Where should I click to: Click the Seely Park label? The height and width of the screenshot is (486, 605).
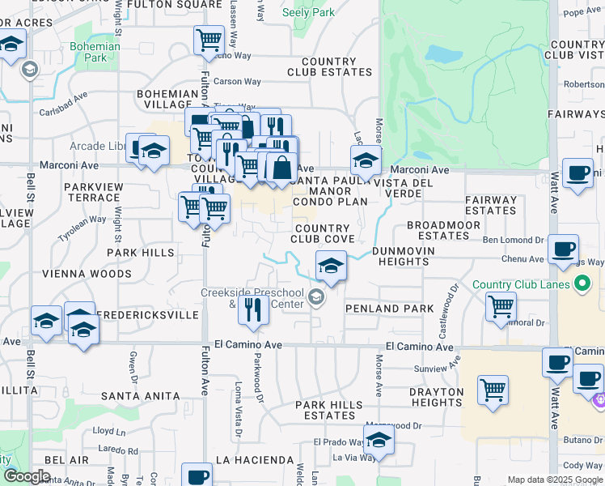coord(309,12)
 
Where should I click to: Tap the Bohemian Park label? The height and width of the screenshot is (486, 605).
coord(95,52)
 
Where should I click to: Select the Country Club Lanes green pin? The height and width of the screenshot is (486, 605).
coord(581,283)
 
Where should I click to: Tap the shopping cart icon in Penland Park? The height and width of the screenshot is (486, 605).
coord(501,307)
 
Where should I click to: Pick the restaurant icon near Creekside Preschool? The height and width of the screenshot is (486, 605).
coord(256,312)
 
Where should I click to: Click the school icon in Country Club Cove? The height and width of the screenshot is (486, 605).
coord(330,265)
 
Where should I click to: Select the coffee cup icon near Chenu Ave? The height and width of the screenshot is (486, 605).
coord(563,249)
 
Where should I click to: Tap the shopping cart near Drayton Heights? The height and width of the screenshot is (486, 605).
coord(493,390)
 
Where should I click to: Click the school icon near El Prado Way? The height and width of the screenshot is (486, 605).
coord(378,442)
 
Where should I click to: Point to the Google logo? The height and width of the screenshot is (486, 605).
coord(27,476)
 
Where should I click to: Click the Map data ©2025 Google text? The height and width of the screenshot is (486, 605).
coord(555,480)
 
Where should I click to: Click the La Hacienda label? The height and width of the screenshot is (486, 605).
coord(254,460)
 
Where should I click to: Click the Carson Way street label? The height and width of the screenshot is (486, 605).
coord(237,82)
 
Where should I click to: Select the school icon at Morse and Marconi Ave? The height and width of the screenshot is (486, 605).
coord(366,160)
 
